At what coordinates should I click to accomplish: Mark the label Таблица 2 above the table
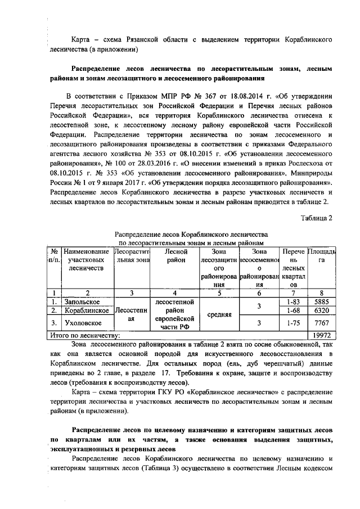[319, 218]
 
